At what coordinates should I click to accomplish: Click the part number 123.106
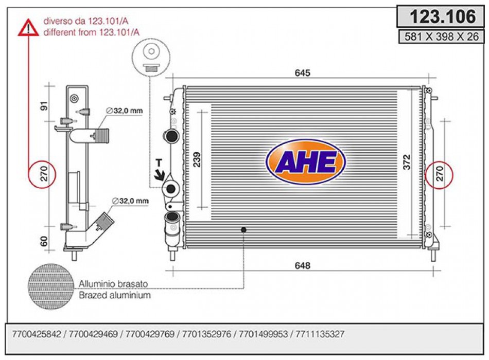pos(443,16)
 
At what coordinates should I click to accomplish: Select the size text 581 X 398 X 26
pos(441,37)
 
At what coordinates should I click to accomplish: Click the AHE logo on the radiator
pos(306,162)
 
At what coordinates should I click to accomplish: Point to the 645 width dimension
pos(302,73)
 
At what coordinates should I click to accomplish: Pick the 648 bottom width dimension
pos(302,265)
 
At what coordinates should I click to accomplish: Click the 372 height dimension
pos(407,163)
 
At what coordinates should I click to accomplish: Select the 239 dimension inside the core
pos(197,159)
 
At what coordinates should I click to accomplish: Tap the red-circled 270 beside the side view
pos(42,174)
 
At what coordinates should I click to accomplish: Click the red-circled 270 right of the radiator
pos(439,174)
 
